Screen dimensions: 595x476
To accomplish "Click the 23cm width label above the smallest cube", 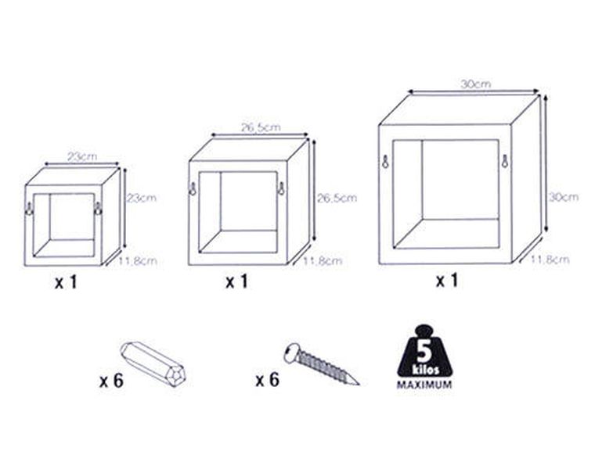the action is [82, 156].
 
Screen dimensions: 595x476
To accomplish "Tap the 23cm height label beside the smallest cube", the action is [141, 198].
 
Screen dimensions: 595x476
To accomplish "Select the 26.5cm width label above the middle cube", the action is [261, 127].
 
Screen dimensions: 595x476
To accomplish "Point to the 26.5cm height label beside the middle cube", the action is [337, 198].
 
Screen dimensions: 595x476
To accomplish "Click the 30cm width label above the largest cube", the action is [476, 84].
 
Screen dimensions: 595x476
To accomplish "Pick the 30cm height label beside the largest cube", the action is [564, 197].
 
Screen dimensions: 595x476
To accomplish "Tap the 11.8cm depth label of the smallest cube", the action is [137, 261].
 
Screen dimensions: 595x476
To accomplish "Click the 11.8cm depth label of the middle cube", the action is [323, 261].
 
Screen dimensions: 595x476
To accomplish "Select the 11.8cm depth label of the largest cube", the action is [550, 259].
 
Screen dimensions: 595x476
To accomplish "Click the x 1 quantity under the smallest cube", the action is [66, 282].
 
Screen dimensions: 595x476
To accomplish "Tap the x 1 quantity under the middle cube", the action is [236, 282].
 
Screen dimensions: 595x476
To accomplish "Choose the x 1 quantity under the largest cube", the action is [447, 281].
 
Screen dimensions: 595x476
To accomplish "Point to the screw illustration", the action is [322, 363].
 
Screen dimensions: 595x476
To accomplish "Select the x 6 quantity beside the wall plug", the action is [111, 381].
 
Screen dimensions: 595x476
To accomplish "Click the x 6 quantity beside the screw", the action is [268, 380].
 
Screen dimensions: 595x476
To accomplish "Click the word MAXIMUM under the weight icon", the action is [424, 385].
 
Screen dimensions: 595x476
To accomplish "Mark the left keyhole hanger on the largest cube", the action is [385, 161].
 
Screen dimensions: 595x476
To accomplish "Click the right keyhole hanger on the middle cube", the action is [281, 188].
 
